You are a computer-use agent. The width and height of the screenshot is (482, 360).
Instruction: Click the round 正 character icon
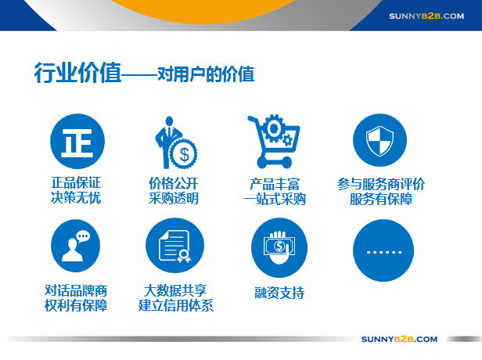click(77, 141)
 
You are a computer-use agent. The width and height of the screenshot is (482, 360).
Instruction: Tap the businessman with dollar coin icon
click(177, 142)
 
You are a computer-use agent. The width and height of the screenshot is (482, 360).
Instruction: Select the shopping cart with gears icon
click(274, 142)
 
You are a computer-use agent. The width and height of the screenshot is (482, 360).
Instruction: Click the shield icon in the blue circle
click(379, 140)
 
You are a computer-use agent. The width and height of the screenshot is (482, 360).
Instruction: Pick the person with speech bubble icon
click(76, 246)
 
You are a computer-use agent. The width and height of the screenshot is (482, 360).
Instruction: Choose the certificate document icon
click(175, 245)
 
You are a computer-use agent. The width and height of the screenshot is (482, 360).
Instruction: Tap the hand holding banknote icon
click(279, 247)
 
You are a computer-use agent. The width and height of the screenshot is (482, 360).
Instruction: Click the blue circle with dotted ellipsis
click(383, 250)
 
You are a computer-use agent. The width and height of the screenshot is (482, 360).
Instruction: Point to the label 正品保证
click(76, 182)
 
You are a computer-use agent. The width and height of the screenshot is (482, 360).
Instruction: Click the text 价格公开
click(174, 184)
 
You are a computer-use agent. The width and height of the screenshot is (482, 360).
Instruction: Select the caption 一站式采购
click(275, 199)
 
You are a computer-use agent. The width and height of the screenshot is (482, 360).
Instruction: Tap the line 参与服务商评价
click(381, 184)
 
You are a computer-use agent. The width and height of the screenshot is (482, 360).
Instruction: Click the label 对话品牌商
click(76, 290)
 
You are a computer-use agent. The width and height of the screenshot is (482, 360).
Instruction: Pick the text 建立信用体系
click(176, 305)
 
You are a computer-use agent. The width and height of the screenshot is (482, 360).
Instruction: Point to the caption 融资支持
click(279, 293)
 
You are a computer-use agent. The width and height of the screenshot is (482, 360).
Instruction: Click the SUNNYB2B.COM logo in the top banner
click(426, 16)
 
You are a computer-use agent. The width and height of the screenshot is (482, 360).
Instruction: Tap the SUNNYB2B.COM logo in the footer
click(399, 339)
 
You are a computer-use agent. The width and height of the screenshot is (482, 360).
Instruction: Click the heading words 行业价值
click(77, 73)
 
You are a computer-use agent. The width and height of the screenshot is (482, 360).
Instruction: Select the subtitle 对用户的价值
click(206, 74)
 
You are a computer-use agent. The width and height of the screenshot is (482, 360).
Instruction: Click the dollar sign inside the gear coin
click(184, 154)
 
